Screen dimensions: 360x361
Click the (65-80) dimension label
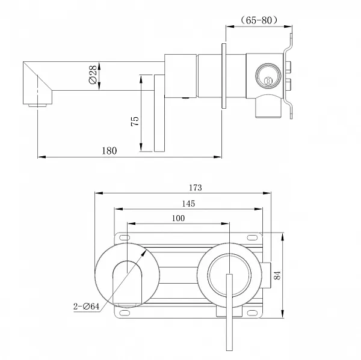[259, 20]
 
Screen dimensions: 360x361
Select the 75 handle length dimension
[135, 120]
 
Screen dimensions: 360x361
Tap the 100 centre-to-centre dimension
[178, 218]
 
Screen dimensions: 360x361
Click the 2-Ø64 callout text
[83, 307]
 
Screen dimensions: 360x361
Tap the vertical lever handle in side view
[159, 114]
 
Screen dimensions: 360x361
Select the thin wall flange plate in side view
[224, 77]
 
